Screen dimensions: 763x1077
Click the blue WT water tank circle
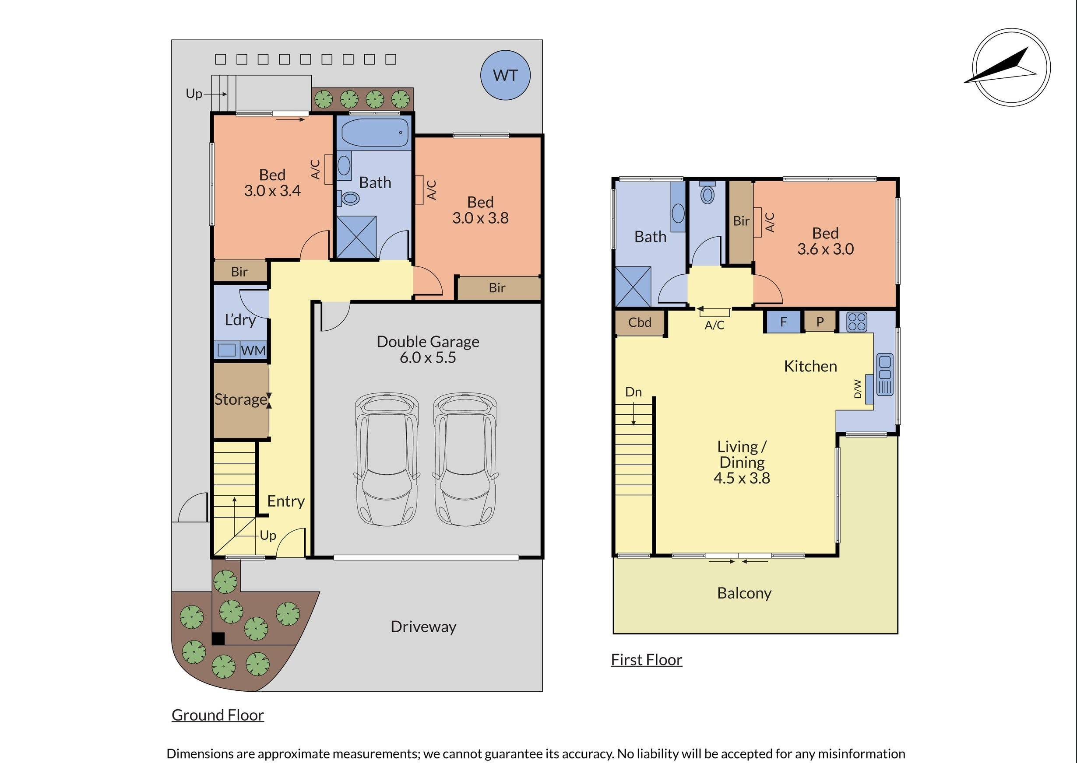tap(505, 75)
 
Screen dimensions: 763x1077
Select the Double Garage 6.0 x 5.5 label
tap(428, 349)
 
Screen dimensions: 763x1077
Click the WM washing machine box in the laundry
tap(253, 350)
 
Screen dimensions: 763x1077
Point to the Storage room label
tap(240, 399)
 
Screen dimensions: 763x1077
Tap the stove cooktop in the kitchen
tap(856, 322)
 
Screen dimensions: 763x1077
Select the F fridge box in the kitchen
tap(783, 322)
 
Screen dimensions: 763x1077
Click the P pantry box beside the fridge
tap(820, 322)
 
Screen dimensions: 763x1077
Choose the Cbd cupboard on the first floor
tap(640, 323)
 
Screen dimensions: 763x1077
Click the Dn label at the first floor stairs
tap(633, 392)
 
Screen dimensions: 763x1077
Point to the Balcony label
tap(744, 593)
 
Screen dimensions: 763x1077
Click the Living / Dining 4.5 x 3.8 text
tap(742, 462)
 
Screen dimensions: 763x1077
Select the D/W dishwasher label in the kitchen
tap(858, 389)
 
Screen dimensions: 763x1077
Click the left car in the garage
tap(387, 459)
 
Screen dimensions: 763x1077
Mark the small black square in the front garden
tap(218, 639)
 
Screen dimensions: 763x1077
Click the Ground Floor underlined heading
tap(218, 714)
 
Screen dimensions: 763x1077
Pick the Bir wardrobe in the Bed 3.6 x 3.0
tap(741, 221)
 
